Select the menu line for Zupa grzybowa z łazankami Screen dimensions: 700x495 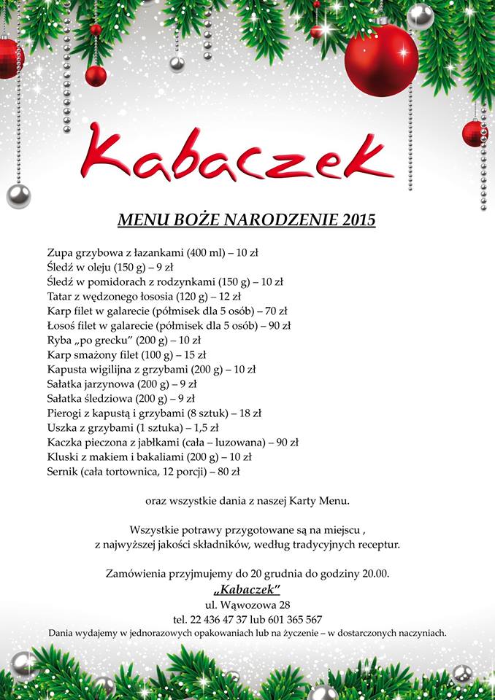pos(152,254)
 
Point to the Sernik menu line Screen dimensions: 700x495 pos(143,472)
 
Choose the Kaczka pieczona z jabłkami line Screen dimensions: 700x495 pos(172,443)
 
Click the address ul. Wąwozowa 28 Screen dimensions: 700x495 pos(247,604)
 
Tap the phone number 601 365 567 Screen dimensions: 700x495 pos(286,619)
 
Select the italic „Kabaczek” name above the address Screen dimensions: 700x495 pos(247,589)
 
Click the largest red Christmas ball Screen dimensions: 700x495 pos(381,60)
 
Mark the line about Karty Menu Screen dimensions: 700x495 pos(247,500)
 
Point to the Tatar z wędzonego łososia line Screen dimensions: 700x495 pos(143,297)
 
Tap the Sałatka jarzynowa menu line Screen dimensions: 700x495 pos(121,384)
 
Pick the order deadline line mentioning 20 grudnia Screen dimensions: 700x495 pos(247,574)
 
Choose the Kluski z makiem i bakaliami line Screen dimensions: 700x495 pos(149,457)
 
